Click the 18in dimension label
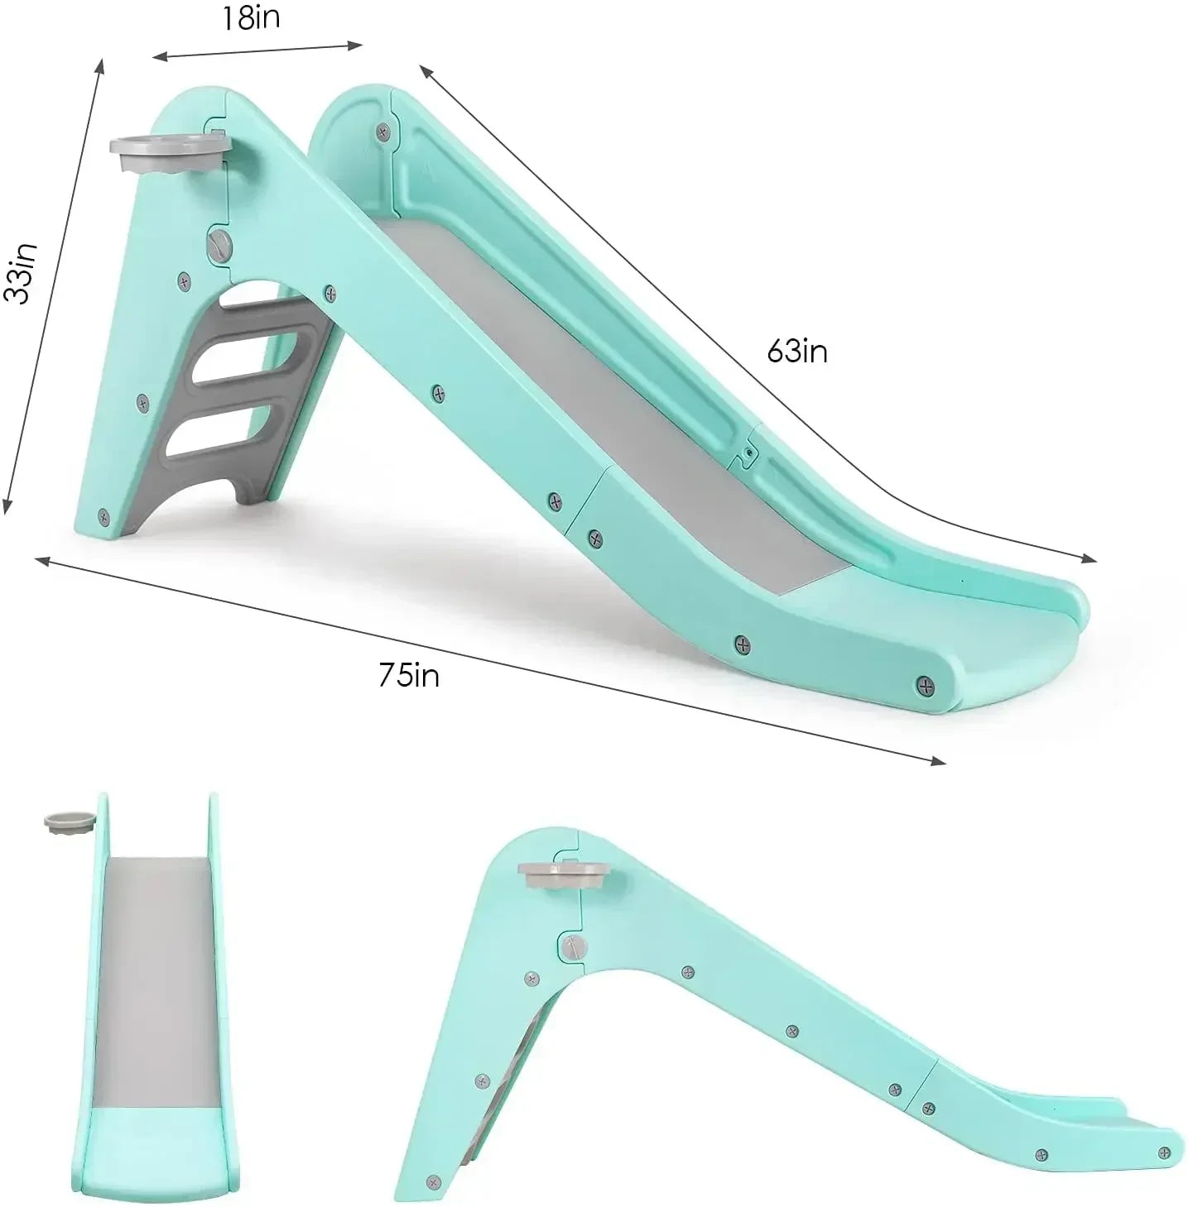pyautogui.click(x=250, y=19)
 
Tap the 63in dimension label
pyautogui.click(x=796, y=352)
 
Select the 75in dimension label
pyautogui.click(x=409, y=676)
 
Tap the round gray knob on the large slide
pyautogui.click(x=219, y=247)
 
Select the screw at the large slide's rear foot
pyautogui.click(x=103, y=517)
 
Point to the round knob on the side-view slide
pyautogui.click(x=572, y=945)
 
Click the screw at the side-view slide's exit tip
pyautogui.click(x=1164, y=1152)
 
